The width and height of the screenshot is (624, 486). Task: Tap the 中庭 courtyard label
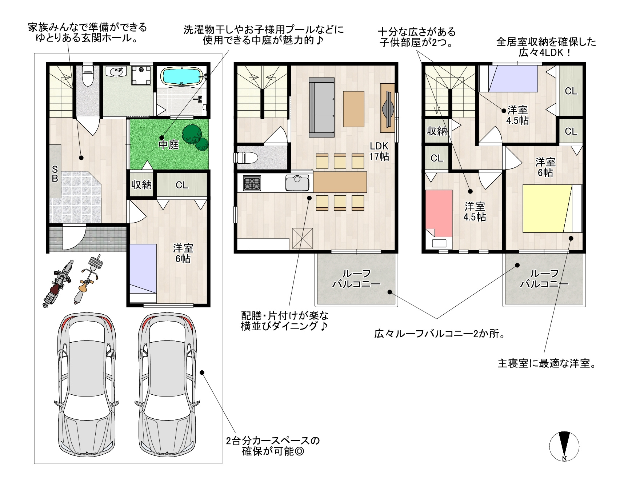click(169, 145)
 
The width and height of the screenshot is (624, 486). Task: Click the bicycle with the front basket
click(88, 279)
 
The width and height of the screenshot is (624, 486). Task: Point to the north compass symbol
click(564, 446)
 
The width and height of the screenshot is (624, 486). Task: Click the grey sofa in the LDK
click(321, 108)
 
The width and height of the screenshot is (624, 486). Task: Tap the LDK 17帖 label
click(379, 151)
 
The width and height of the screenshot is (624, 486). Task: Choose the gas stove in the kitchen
click(252, 183)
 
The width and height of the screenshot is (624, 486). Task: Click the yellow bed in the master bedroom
click(552, 208)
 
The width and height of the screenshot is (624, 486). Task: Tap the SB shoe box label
click(55, 174)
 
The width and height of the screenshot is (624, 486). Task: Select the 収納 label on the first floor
click(141, 185)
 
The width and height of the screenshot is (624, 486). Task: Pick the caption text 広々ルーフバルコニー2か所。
click(440, 334)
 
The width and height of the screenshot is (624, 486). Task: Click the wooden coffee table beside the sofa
click(353, 109)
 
